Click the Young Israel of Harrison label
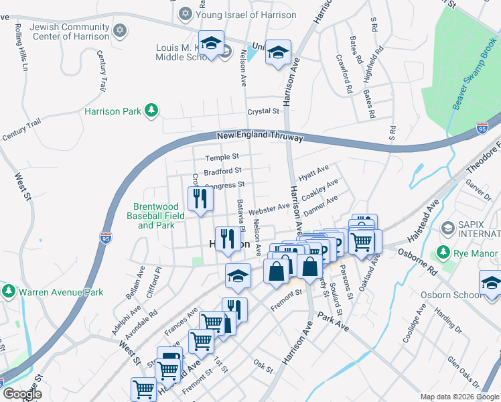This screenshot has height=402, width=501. point(246,14)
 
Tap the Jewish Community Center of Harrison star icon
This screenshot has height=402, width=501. point(120,30)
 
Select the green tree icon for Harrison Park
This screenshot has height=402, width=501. point(152,111)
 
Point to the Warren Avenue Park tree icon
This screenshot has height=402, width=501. point(8,291)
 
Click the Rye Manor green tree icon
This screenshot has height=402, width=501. point(442,253)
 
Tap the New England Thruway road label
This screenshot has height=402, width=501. point(261,137)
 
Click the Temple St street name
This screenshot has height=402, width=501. point(222,157)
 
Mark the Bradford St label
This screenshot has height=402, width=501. point(222,171)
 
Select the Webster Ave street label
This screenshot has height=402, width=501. point(269,210)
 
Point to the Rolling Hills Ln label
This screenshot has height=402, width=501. point(22,49)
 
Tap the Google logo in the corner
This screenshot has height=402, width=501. point(21,393)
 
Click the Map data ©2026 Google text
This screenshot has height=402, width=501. point(459,397)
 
